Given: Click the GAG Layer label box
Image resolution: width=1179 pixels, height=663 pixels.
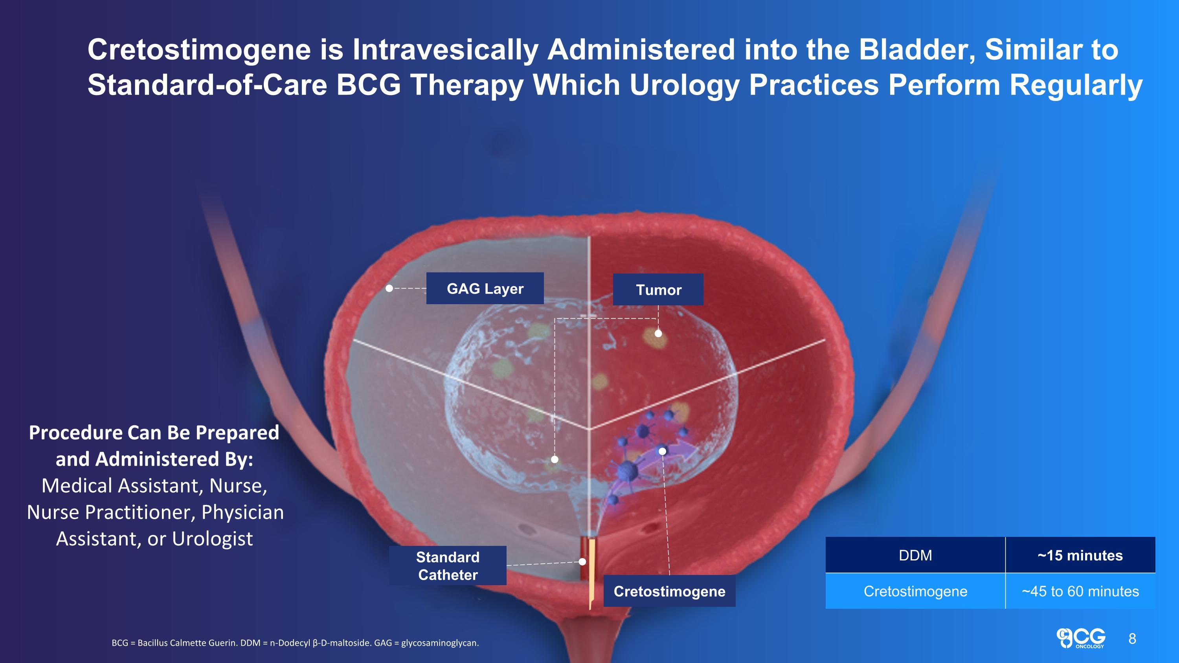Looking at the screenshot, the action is (485, 288).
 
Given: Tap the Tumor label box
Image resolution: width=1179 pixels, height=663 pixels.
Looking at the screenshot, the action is (658, 289).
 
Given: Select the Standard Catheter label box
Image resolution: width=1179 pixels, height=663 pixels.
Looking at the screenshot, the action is (448, 566).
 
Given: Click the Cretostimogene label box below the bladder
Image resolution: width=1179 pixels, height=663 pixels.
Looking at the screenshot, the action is (669, 591).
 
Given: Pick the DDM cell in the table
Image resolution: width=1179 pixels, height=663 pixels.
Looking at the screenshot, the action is (915, 555).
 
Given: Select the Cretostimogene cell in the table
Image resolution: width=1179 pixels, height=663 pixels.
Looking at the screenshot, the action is (915, 591).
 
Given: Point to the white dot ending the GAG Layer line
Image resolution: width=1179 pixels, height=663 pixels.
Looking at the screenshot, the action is (389, 288).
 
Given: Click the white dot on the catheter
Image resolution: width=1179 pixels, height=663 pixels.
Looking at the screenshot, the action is (582, 562).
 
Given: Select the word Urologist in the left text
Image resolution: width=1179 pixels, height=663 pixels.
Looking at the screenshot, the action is (212, 538).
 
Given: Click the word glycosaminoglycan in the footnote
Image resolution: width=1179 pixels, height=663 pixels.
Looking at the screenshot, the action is (439, 643).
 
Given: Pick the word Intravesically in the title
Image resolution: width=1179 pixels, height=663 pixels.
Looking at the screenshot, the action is (445, 50).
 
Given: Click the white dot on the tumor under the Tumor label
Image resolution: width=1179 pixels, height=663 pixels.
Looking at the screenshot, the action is (658, 333).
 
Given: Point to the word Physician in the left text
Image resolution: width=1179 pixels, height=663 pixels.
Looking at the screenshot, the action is (242, 512).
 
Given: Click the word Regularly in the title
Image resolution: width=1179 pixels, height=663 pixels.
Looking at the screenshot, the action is (1076, 85).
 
